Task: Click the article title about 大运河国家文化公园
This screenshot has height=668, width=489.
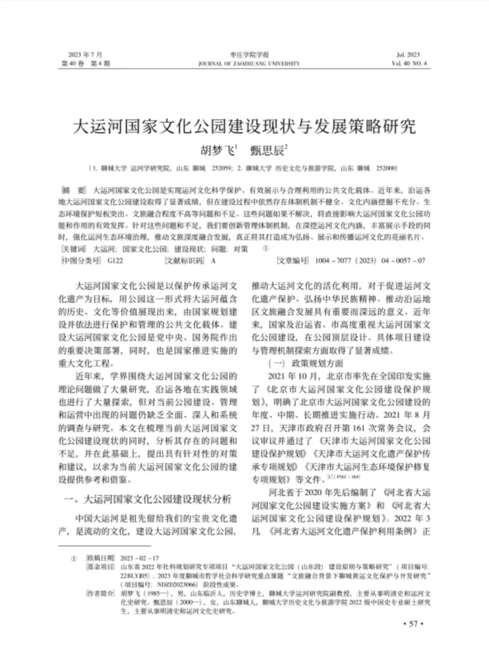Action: click(x=244, y=127)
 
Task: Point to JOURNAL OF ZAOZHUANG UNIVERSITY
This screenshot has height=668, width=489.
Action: click(x=249, y=64)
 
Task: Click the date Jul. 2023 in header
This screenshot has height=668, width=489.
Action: click(x=408, y=55)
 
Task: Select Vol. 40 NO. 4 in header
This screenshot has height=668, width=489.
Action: click(x=409, y=64)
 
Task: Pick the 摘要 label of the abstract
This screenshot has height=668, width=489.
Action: click(x=74, y=190)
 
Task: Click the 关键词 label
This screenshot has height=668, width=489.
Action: click(x=74, y=249)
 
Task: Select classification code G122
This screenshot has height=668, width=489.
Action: click(x=115, y=261)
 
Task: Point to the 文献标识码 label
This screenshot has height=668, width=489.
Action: click(x=184, y=261)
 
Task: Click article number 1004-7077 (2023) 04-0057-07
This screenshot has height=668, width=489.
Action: click(x=370, y=261)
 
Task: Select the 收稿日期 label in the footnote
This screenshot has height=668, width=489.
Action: click(x=100, y=558)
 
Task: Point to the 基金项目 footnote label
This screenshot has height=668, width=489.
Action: click(x=100, y=567)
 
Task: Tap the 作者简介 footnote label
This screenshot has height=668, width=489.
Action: click(x=100, y=594)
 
